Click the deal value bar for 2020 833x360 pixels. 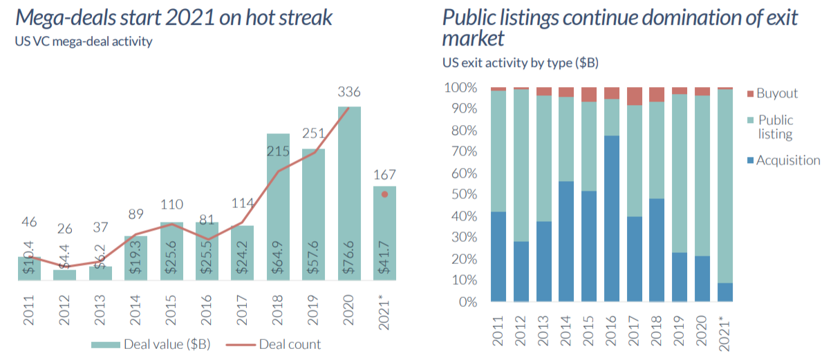349,193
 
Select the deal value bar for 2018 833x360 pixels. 278,207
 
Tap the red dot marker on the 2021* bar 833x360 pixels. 384,195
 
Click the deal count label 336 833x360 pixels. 349,92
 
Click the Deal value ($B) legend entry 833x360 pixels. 153,344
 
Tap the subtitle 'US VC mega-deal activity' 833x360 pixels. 84,41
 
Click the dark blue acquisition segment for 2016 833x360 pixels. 612,218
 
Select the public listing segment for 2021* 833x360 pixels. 725,186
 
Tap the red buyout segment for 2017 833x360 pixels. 634,96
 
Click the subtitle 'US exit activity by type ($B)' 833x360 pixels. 520,63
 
